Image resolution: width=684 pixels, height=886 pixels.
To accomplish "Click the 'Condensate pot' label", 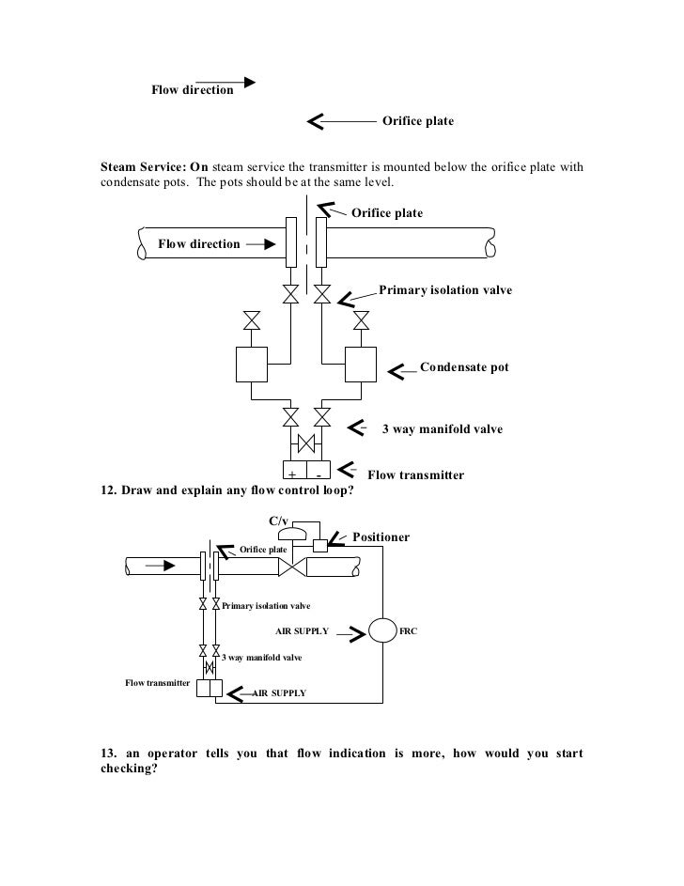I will pyautogui.click(x=463, y=367).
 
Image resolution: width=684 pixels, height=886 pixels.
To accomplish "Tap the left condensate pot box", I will pyautogui.click(x=253, y=364).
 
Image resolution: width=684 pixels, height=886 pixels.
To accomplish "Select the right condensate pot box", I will pyautogui.click(x=361, y=364).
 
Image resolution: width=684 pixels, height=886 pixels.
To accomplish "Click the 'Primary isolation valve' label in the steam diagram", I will pyautogui.click(x=445, y=290).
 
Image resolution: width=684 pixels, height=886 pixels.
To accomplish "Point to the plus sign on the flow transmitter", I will pyautogui.click(x=291, y=474).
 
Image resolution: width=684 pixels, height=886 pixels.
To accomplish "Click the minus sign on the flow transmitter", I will pyautogui.click(x=319, y=474).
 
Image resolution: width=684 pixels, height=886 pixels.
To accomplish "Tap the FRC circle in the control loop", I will pyautogui.click(x=383, y=631).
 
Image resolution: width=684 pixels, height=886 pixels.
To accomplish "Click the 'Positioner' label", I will pyautogui.click(x=381, y=537).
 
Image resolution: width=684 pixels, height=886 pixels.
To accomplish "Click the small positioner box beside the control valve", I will pyautogui.click(x=319, y=546).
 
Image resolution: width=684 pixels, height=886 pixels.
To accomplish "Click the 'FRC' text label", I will pyautogui.click(x=409, y=631).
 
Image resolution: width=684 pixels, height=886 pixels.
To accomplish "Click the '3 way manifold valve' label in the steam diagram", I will pyautogui.click(x=441, y=429).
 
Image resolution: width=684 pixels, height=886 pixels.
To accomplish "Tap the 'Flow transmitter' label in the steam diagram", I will pyautogui.click(x=415, y=475).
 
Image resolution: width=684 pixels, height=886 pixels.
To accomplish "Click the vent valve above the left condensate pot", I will pyautogui.click(x=252, y=321).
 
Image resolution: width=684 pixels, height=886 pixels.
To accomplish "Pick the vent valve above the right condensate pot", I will pyautogui.click(x=361, y=321).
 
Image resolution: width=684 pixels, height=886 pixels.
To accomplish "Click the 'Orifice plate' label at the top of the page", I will pyautogui.click(x=417, y=121).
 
